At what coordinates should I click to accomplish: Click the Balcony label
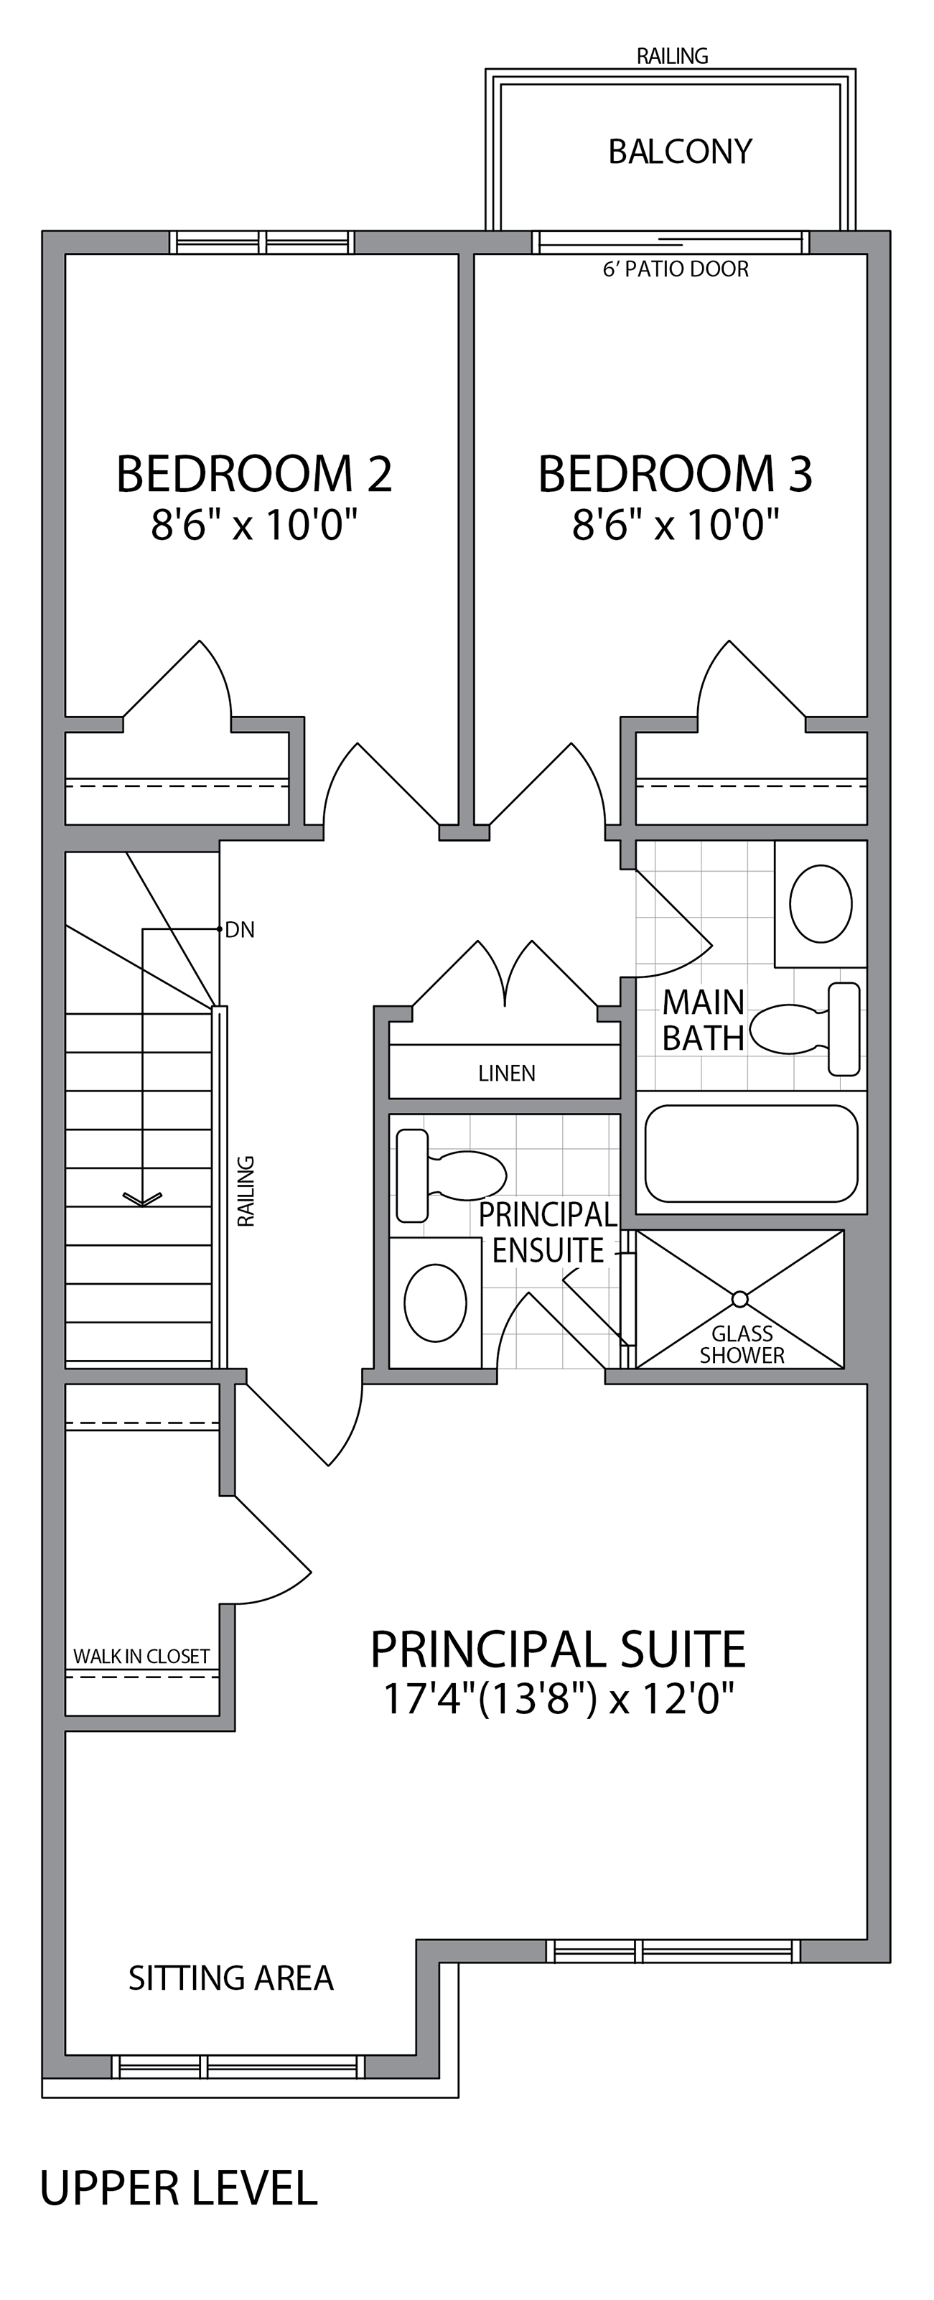(x=680, y=152)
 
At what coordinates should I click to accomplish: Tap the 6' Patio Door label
(x=676, y=269)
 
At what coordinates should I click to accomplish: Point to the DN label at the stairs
(x=239, y=931)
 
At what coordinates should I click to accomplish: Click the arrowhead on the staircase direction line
(x=142, y=1199)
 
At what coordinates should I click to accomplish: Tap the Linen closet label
(x=506, y=1074)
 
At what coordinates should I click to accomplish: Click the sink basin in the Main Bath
(x=821, y=903)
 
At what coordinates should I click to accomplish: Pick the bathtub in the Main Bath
(x=751, y=1153)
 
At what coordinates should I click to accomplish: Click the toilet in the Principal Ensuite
(x=451, y=1175)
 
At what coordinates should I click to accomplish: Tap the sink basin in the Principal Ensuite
(x=435, y=1303)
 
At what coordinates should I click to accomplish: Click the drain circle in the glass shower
(x=739, y=1298)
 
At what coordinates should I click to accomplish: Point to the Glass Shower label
(x=742, y=1345)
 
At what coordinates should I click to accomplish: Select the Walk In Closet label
(x=141, y=1657)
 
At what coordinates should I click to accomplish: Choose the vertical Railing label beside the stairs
(x=246, y=1191)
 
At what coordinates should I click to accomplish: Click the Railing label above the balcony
(x=673, y=56)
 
